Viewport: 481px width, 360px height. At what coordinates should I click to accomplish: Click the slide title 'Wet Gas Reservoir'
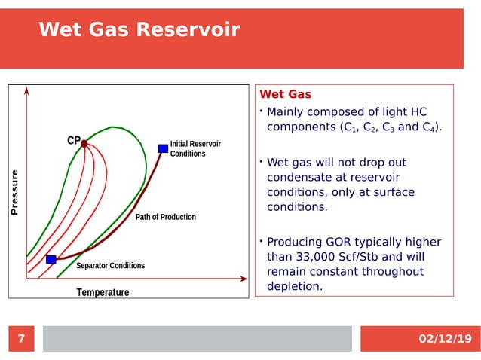click(139, 30)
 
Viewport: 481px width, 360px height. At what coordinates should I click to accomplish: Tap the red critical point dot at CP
click(84, 143)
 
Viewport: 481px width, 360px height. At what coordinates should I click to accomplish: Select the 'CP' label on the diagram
click(73, 141)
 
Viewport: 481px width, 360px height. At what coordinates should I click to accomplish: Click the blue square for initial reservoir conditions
click(163, 148)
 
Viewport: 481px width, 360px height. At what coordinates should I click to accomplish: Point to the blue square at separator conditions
click(51, 259)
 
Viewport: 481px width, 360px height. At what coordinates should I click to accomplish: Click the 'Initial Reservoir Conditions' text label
click(195, 148)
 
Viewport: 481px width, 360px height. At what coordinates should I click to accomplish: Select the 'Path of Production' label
click(165, 217)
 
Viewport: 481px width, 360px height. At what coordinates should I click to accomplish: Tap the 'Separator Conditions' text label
click(110, 266)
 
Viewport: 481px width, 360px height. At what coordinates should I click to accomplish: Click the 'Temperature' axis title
click(103, 292)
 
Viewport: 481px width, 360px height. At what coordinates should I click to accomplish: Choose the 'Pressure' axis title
click(14, 194)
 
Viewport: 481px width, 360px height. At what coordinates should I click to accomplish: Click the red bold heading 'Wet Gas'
click(285, 95)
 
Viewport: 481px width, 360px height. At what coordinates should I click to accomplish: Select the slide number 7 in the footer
click(21, 339)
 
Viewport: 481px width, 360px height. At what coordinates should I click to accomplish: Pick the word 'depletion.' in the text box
click(294, 287)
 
